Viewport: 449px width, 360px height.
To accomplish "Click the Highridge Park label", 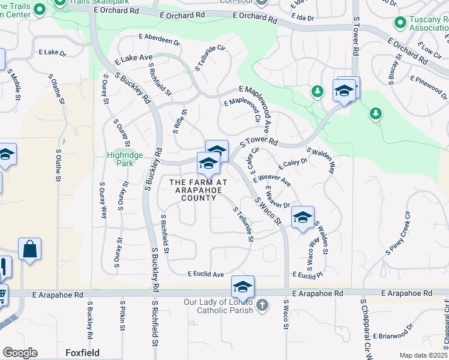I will tap(125, 158).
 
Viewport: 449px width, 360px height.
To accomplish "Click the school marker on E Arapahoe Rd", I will tap(243, 287).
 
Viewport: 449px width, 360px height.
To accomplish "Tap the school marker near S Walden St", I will tap(303, 217).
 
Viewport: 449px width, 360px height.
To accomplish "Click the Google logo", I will tap(20, 353).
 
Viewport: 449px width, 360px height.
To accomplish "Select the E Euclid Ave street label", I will tap(206, 274).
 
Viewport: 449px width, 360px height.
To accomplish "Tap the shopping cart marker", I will tap(2, 295).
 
